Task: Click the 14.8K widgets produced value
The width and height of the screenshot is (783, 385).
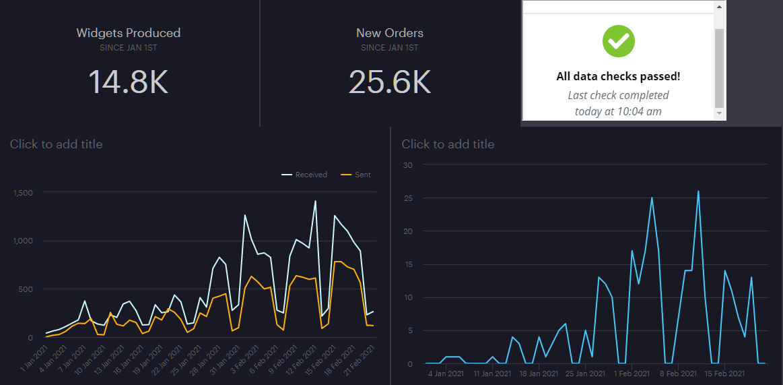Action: point(128,81)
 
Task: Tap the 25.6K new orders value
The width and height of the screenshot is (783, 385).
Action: point(389,81)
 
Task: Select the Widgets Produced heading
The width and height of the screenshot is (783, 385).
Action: point(128,32)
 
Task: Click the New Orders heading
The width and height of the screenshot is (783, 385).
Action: point(389,32)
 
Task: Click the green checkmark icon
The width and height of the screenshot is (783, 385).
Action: point(619,41)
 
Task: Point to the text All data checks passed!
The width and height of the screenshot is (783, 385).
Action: point(618,76)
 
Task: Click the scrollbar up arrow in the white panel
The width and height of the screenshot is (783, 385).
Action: point(720,7)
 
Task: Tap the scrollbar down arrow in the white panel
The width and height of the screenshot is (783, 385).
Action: point(720,114)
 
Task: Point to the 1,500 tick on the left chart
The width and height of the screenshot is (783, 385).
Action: point(23,193)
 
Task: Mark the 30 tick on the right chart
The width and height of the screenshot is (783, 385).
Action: point(407,165)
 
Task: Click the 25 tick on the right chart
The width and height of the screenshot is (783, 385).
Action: point(407,198)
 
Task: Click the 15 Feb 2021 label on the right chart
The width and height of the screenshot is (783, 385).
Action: point(724,373)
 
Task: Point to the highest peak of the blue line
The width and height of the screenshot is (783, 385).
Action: point(698,191)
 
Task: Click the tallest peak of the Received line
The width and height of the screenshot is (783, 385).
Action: point(315,201)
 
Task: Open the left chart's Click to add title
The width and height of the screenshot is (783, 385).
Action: point(56,144)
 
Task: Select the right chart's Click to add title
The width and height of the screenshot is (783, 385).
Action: point(448,144)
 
